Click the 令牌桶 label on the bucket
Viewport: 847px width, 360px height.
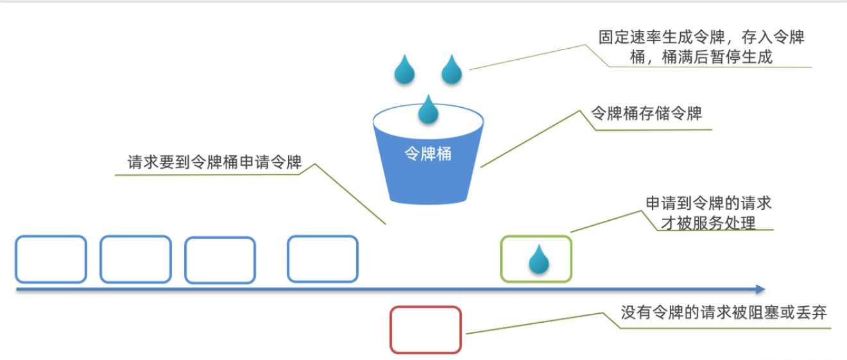427,154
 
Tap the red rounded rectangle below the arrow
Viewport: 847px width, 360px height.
425,330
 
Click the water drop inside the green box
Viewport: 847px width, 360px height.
539,259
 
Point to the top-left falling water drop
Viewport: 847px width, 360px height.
404,71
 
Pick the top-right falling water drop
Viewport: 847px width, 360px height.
452,71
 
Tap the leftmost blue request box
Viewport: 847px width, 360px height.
51,259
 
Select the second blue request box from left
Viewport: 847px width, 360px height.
135,259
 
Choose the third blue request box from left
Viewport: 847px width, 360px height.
220,260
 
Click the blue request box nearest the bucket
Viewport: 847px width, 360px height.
322,259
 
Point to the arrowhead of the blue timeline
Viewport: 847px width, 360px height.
761,289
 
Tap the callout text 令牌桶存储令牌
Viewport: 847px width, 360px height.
646,114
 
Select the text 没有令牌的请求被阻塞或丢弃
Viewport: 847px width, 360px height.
724,313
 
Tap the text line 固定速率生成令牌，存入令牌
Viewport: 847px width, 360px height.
701,37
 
